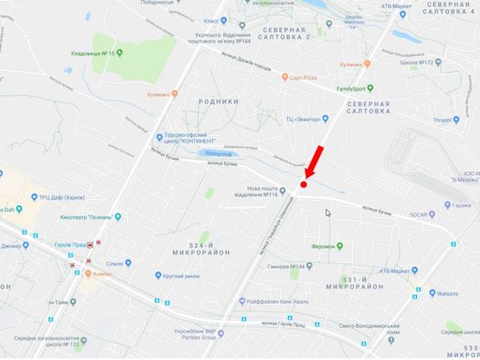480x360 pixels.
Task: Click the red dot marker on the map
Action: [304, 183]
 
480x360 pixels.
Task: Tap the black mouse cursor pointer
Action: [329, 213]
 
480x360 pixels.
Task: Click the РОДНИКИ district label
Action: [218, 101]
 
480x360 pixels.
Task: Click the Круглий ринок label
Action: [180, 276]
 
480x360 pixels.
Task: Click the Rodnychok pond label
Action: [212, 154]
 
